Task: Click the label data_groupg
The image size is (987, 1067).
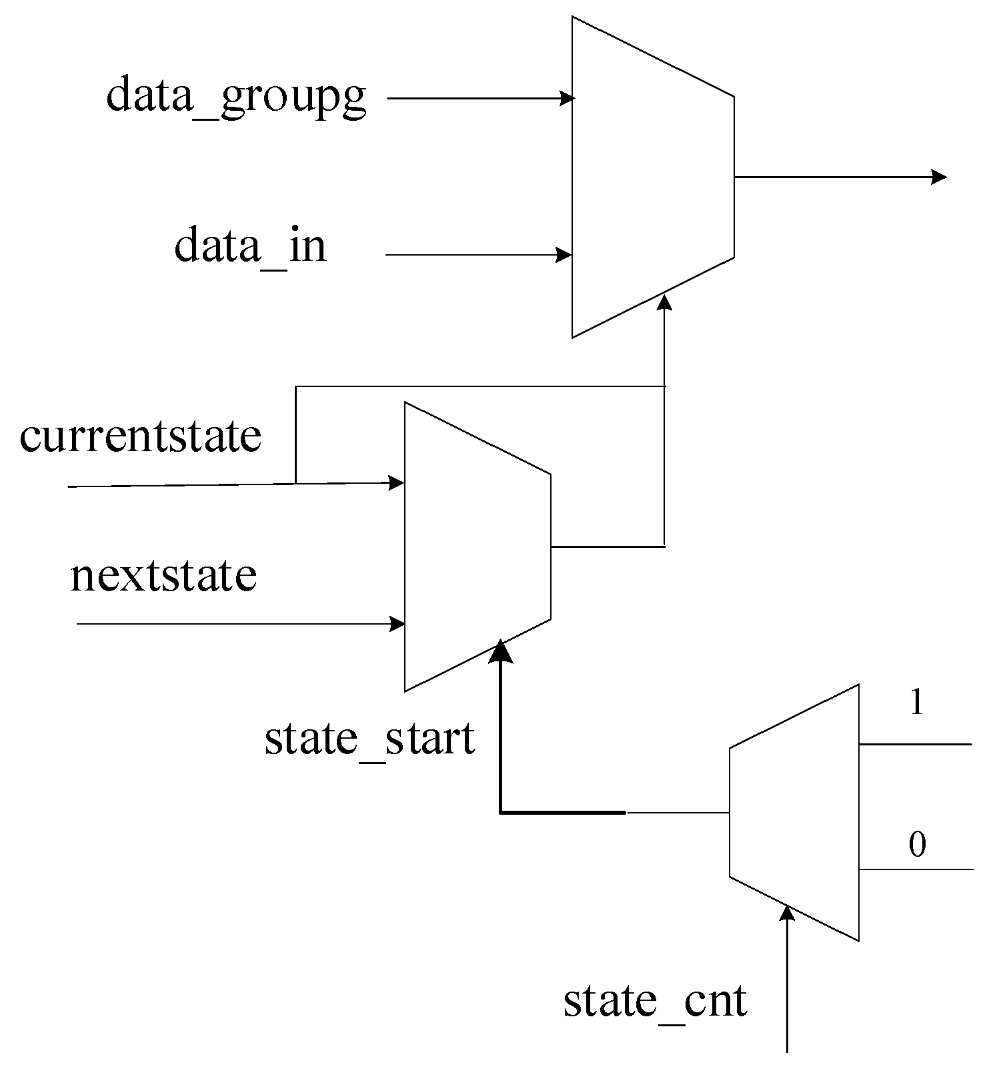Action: [x=236, y=97]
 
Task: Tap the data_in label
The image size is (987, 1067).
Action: [x=250, y=246]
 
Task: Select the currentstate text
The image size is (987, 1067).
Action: [x=140, y=437]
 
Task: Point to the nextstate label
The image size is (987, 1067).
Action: [x=163, y=576]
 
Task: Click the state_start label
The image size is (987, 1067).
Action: [x=369, y=739]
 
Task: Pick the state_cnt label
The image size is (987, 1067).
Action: [x=655, y=1002]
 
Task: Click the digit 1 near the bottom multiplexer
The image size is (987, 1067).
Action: [x=917, y=703]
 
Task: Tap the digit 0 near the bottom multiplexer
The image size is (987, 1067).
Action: [x=917, y=845]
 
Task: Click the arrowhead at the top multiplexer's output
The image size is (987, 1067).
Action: [x=939, y=177]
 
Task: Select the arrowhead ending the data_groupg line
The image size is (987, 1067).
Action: [x=567, y=99]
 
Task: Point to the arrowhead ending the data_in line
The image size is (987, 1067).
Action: [x=564, y=255]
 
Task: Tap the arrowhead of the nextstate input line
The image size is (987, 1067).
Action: [x=397, y=624]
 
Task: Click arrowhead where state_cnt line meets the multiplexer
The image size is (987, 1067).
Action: [x=788, y=913]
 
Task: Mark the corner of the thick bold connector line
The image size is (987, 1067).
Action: [x=501, y=812]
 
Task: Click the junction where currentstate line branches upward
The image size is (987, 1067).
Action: [x=295, y=482]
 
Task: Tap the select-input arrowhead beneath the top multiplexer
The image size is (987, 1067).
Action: [x=664, y=302]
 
